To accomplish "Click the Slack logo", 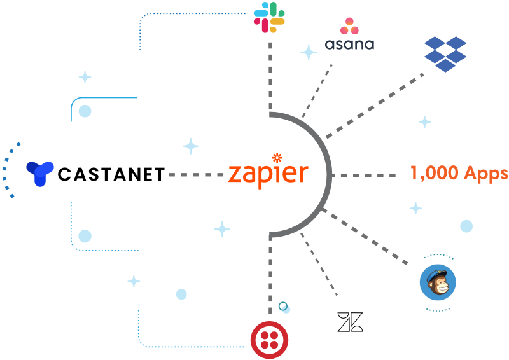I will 270,17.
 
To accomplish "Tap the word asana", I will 349,45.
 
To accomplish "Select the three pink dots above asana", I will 349,26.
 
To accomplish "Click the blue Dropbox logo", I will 445,53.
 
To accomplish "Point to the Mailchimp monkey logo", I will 438,283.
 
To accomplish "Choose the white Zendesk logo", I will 351,322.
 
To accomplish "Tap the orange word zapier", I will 268,174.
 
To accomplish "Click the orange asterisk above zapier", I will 277,157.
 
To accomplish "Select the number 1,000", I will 433,173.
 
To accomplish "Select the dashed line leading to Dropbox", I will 375,106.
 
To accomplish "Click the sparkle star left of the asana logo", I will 309,52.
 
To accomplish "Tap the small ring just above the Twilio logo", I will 284,307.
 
